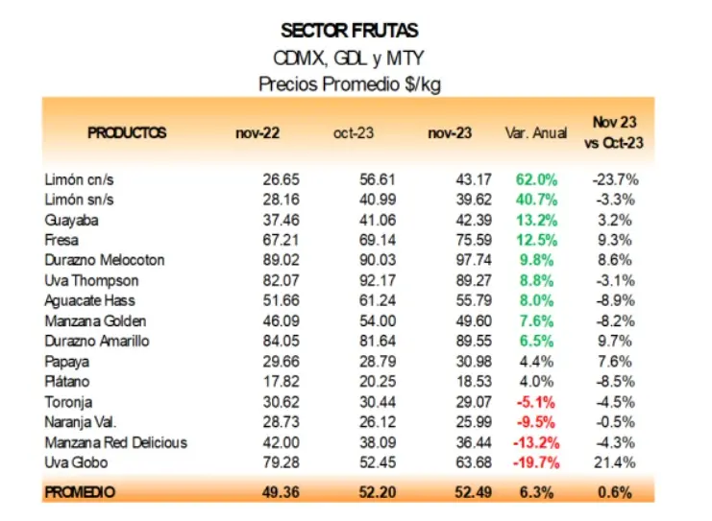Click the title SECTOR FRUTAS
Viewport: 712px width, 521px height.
350,32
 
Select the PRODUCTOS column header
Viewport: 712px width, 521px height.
127,132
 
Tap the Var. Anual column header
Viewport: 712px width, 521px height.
535,132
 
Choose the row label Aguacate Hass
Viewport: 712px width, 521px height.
91,300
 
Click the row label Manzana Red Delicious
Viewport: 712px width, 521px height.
115,442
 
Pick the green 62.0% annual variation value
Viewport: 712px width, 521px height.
537,178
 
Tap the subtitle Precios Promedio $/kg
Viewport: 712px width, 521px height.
350,84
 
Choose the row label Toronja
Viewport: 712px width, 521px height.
68,402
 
